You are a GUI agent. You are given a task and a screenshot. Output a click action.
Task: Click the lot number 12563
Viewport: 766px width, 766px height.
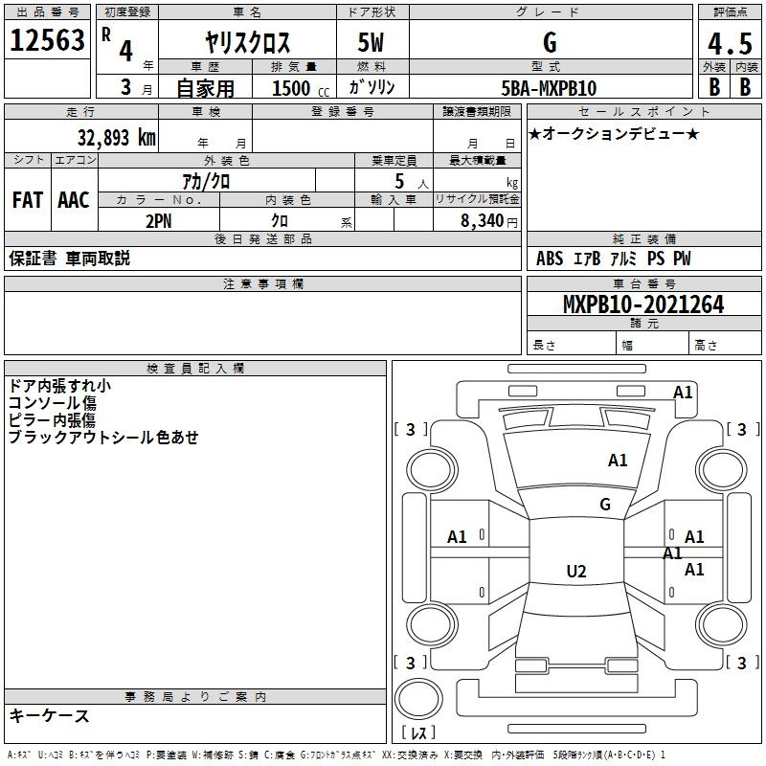pos(47,40)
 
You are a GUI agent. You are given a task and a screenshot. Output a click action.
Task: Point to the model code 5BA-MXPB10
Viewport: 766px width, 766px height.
pos(549,87)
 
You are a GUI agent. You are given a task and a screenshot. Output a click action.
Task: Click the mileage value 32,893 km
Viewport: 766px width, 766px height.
pos(115,137)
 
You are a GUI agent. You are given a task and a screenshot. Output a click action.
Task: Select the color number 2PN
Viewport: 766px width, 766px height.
pos(158,219)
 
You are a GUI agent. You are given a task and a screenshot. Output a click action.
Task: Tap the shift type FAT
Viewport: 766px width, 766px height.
pos(28,199)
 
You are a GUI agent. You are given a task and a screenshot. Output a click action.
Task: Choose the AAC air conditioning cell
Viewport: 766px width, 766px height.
pos(74,199)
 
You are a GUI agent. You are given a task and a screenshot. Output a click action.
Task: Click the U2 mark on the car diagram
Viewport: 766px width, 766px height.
pos(575,571)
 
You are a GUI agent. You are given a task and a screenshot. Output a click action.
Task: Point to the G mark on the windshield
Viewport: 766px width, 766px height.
pos(604,504)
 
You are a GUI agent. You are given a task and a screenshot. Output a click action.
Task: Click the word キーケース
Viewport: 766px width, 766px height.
pos(50,715)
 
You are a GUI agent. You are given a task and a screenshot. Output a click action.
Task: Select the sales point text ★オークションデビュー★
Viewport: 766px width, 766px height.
pos(614,133)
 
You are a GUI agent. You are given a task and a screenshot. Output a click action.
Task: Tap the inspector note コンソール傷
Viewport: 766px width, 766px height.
pos(53,403)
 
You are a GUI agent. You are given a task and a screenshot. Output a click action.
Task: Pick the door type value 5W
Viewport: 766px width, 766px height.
pos(372,42)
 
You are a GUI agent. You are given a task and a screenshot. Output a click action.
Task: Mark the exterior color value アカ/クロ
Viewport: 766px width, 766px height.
pos(206,180)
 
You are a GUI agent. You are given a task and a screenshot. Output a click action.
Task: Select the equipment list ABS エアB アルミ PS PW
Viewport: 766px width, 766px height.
pos(613,259)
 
